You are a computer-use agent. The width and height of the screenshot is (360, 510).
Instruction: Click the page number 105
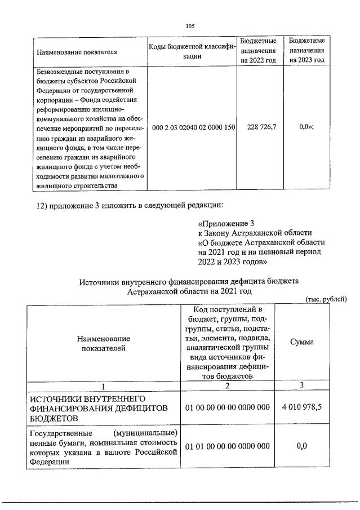tap(189, 25)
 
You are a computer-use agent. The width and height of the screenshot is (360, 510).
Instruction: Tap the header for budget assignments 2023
tap(306, 51)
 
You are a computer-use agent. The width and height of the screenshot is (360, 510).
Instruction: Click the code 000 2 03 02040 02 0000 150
tap(193, 128)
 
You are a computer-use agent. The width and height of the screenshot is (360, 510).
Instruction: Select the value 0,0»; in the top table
tap(306, 128)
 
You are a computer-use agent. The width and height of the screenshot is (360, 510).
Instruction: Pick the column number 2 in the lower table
tap(228, 385)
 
